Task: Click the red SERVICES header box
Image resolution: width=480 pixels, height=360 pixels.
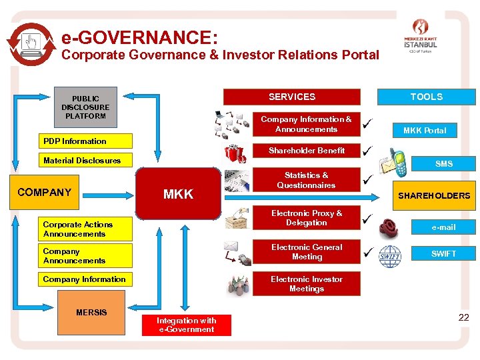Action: pyautogui.click(x=291, y=97)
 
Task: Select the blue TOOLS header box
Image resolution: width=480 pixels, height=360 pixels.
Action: pyautogui.click(x=426, y=97)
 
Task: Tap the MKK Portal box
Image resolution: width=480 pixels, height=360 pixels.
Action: pyautogui.click(x=425, y=130)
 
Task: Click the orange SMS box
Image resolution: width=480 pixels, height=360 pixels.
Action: pyautogui.click(x=443, y=163)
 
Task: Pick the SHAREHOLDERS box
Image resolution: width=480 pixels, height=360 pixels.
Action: pyautogui.click(x=434, y=195)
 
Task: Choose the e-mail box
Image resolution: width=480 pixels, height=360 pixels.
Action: pyautogui.click(x=443, y=227)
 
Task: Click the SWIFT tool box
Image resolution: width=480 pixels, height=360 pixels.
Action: pyautogui.click(x=443, y=253)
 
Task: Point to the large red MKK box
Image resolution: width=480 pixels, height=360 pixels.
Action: pyautogui.click(x=178, y=194)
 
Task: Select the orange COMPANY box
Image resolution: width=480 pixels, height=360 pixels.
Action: pyautogui.click(x=44, y=193)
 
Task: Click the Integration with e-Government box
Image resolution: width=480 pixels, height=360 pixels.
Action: pyautogui.click(x=186, y=325)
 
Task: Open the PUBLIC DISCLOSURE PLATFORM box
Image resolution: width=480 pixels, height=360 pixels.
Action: pyautogui.click(x=85, y=107)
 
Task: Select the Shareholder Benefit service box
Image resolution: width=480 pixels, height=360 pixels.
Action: pyautogui.click(x=307, y=151)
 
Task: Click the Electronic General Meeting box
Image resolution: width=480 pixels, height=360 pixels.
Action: pyautogui.click(x=307, y=252)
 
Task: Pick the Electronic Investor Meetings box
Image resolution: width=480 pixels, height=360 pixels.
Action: pyautogui.click(x=307, y=284)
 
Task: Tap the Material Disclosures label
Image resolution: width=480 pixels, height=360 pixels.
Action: pyautogui.click(x=82, y=161)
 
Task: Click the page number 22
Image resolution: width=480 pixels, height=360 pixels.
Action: pyautogui.click(x=463, y=318)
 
